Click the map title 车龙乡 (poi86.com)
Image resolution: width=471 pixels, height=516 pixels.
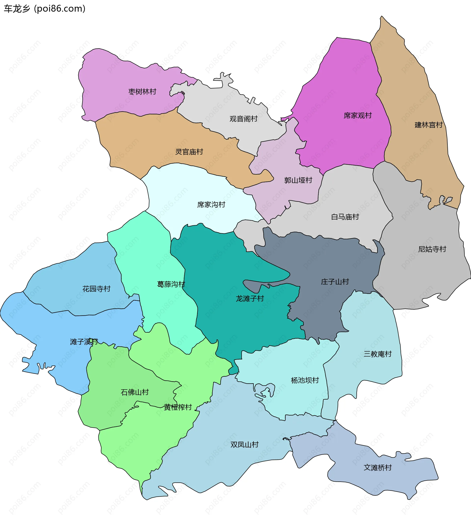click(x=45, y=9)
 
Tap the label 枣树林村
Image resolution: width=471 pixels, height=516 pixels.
click(x=142, y=92)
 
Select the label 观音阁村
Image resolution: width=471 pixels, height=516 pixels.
click(x=243, y=119)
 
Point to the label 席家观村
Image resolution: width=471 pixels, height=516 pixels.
click(x=357, y=115)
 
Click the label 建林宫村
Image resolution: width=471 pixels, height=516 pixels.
click(x=429, y=125)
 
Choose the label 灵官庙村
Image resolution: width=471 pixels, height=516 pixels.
click(x=189, y=152)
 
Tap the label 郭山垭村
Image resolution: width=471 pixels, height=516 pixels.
click(x=298, y=180)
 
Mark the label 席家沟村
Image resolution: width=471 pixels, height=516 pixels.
click(x=211, y=204)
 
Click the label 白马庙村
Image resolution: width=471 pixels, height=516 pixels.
click(x=345, y=217)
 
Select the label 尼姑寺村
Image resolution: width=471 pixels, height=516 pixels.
click(x=432, y=249)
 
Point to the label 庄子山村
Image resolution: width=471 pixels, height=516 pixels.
click(x=335, y=282)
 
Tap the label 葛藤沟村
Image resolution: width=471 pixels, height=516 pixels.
click(x=171, y=284)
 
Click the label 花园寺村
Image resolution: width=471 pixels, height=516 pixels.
click(x=96, y=289)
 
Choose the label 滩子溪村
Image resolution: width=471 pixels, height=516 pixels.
click(x=84, y=342)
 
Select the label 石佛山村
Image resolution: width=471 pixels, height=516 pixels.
click(x=134, y=392)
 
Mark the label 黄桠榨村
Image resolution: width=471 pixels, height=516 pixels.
click(x=178, y=407)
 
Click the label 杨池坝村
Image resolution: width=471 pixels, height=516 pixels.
click(x=305, y=380)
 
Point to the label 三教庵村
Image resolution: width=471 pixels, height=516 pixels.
click(x=378, y=354)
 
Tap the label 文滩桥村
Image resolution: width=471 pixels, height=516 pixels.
click(x=378, y=468)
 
